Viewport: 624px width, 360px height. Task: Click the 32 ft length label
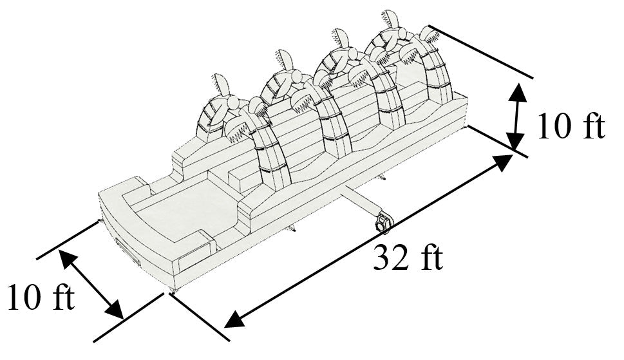408,258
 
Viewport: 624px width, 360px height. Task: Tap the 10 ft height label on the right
571,126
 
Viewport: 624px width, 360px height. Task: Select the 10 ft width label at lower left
41,297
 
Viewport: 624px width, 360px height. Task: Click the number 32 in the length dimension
389,258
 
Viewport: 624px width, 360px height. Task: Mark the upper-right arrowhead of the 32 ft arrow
503,161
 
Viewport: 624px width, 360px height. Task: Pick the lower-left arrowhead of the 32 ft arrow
235,319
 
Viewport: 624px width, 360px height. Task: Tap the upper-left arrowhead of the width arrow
68,258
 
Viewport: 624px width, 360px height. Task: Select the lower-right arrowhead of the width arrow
115,310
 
